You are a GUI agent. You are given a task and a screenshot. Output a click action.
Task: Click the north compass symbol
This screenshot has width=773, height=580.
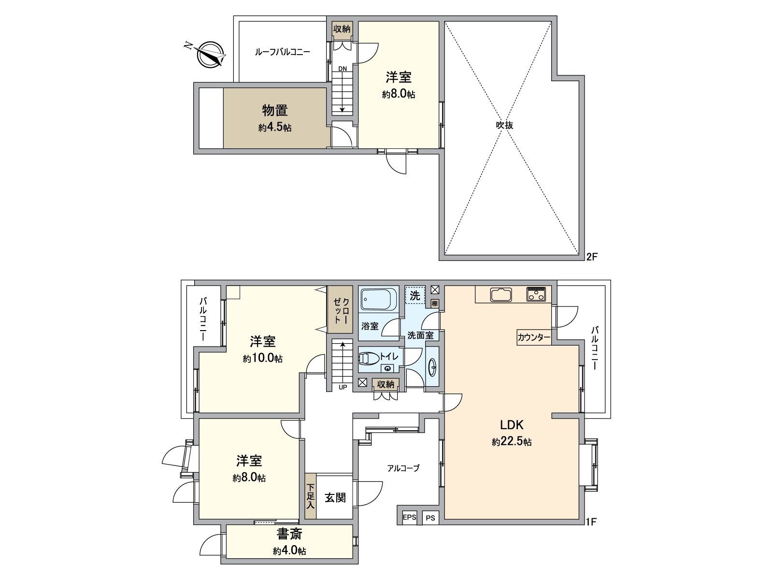[211, 54]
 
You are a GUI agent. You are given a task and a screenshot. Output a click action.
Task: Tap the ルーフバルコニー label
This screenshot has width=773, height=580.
[282, 52]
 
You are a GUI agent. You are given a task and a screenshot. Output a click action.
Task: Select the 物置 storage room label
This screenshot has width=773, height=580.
[275, 111]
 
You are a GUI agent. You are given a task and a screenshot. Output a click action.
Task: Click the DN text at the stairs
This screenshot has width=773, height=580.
[342, 69]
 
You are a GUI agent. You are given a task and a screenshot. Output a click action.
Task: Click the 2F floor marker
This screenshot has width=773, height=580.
[592, 257]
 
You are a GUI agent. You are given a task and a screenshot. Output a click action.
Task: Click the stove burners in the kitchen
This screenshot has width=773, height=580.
[537, 293]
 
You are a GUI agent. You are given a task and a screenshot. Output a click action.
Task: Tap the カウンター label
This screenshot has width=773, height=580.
[533, 338]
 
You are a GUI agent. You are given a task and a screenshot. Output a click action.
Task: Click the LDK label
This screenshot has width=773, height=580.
[512, 425]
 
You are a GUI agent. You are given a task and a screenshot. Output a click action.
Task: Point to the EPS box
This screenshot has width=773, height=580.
[409, 518]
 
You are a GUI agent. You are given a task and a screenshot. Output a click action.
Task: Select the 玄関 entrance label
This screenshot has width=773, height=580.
[335, 498]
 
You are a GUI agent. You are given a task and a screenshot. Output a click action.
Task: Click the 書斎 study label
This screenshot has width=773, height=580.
[289, 534]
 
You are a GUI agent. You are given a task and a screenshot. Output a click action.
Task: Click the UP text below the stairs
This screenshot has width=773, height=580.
[343, 387]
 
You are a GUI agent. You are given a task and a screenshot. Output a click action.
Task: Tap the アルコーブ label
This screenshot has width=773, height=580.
[403, 468]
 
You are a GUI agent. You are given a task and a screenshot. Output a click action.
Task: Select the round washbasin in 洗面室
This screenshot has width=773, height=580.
[433, 367]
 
